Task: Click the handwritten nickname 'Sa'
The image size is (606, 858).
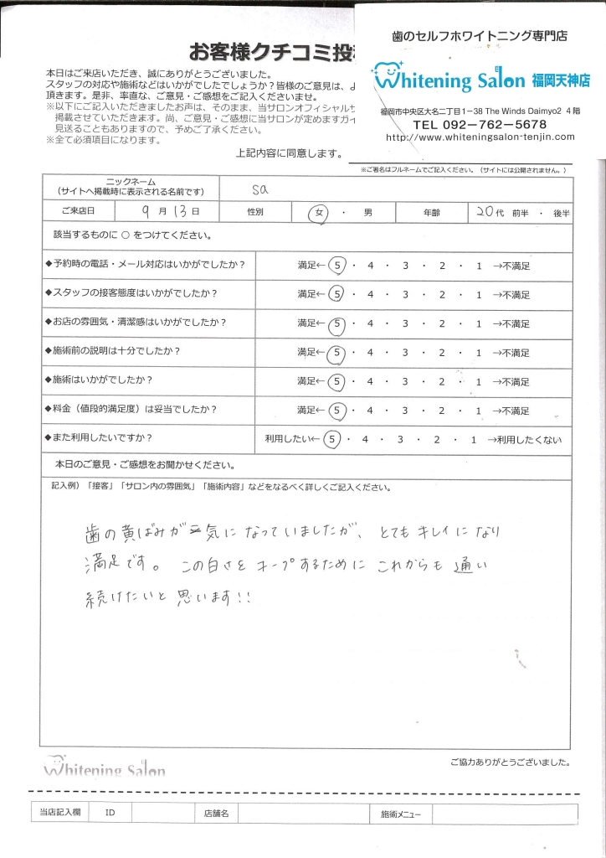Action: (x=259, y=189)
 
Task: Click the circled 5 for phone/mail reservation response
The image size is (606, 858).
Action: (x=337, y=266)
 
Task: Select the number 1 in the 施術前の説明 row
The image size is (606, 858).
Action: (x=478, y=353)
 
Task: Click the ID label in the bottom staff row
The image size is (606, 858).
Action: (x=110, y=813)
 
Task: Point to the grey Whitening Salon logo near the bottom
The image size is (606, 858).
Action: (x=104, y=767)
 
